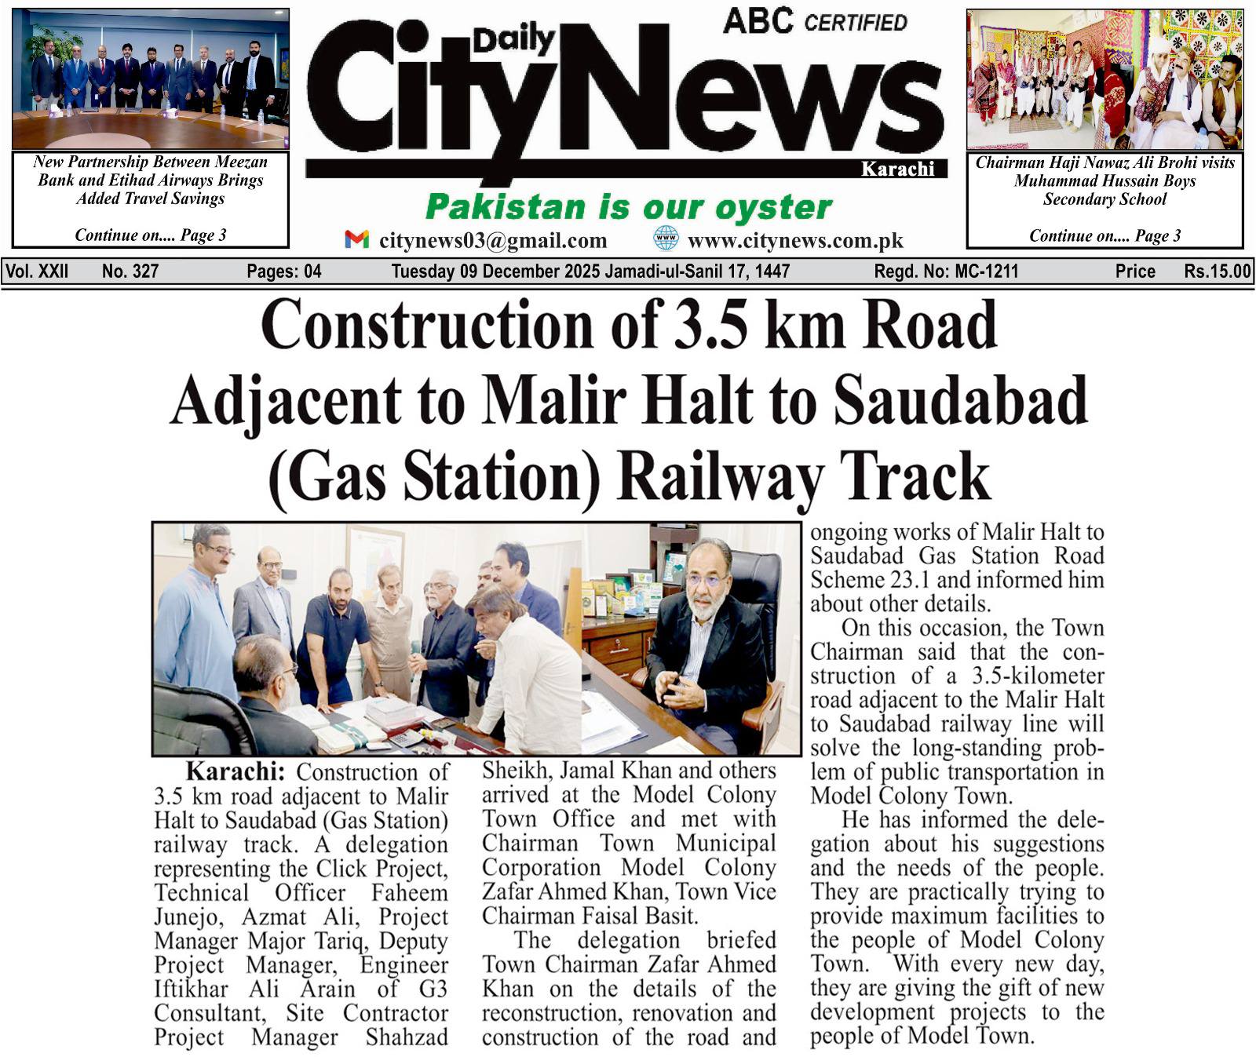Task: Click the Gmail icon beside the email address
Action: click(x=356, y=239)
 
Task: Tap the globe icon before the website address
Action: click(x=666, y=239)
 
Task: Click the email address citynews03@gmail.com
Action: click(x=493, y=241)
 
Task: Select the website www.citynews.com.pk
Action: click(x=795, y=241)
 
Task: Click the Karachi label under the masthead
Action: click(x=897, y=169)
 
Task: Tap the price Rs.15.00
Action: click(x=1217, y=272)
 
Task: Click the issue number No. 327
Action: click(x=130, y=272)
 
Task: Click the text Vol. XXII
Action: click(x=38, y=272)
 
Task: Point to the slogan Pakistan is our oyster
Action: click(x=628, y=208)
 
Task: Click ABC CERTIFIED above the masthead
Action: click(x=815, y=21)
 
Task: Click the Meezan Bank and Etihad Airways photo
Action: click(x=151, y=78)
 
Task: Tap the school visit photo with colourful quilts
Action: click(x=1104, y=78)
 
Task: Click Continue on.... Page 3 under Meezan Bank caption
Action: click(x=151, y=235)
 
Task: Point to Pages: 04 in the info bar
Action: click(x=284, y=272)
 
